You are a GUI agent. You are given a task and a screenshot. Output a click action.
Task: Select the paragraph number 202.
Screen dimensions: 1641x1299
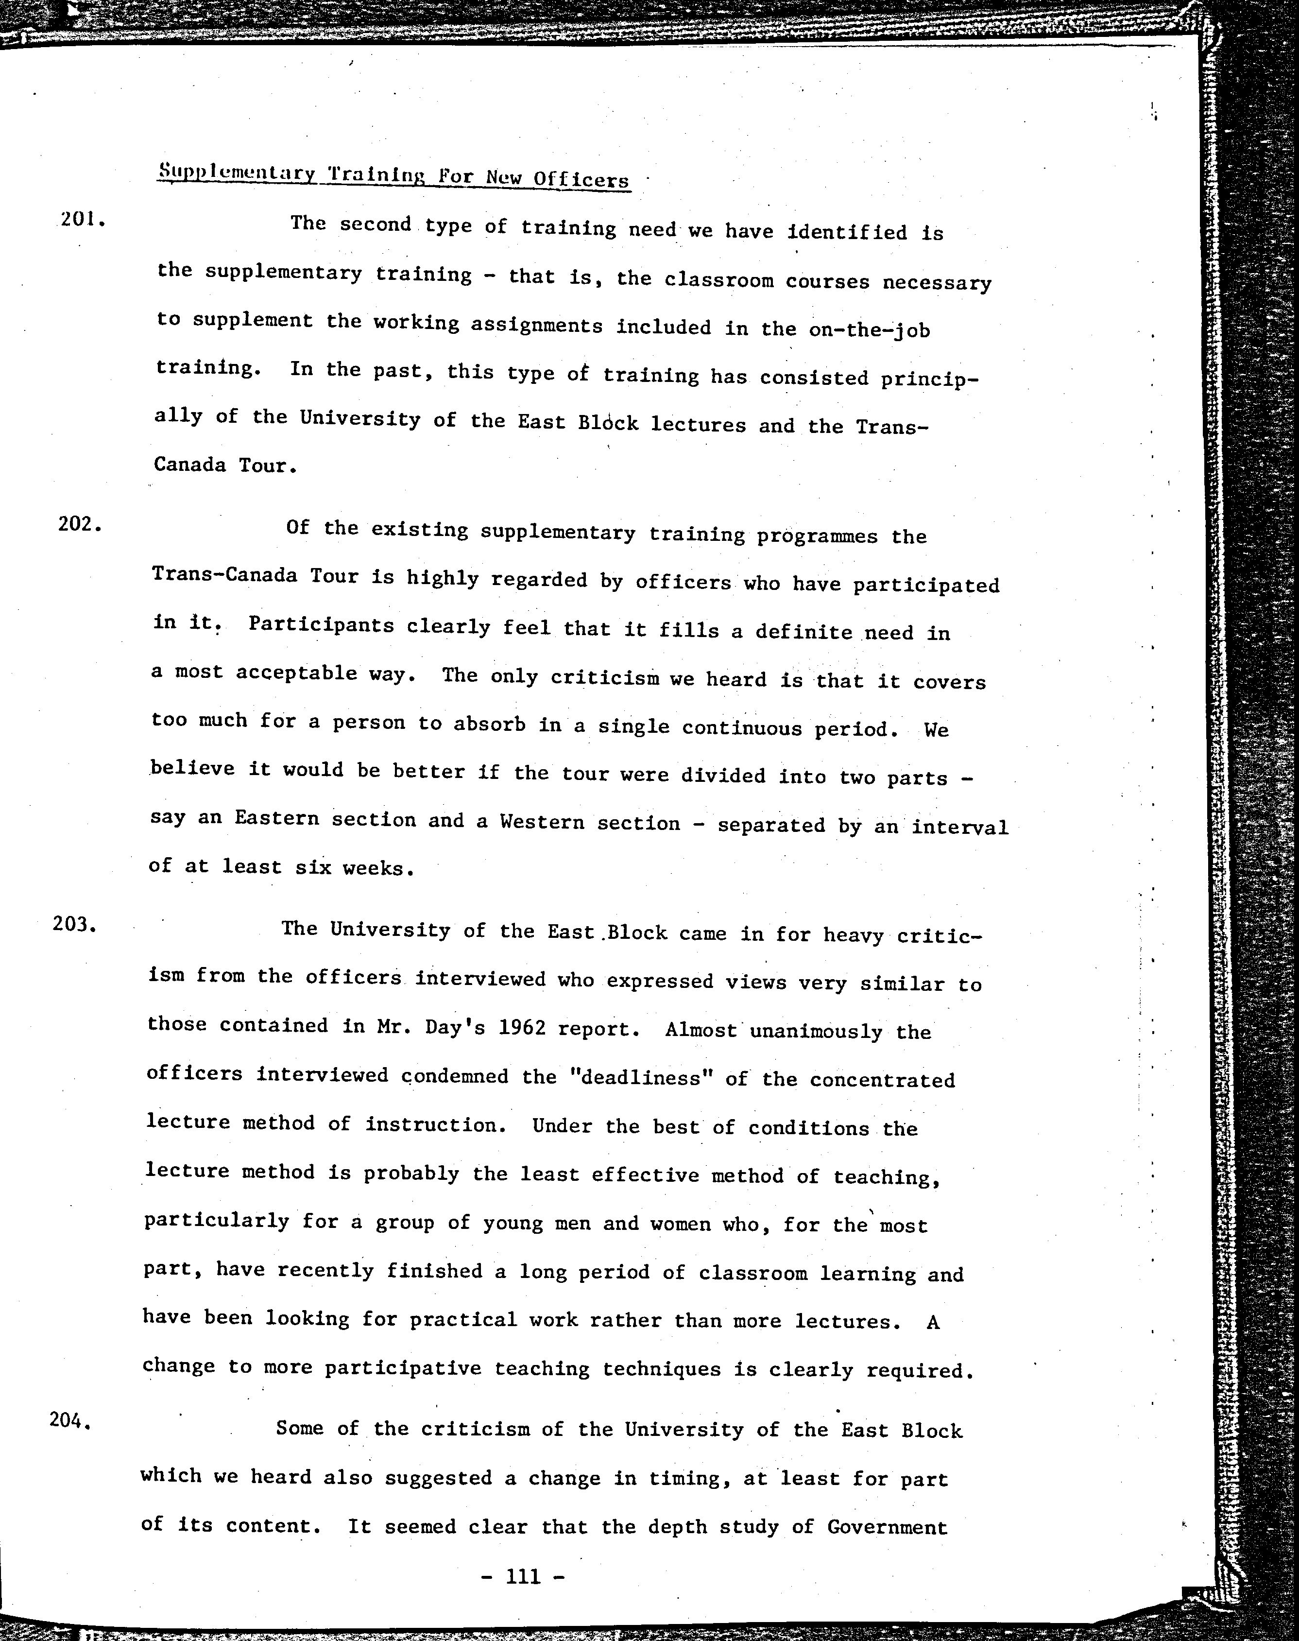79,524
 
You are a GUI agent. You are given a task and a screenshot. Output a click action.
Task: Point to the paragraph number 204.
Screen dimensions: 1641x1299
70,1419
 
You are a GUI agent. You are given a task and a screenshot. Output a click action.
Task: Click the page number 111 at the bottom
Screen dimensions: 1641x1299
523,1577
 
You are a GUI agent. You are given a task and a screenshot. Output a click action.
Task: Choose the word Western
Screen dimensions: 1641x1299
542,822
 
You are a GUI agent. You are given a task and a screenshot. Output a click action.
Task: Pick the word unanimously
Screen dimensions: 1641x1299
816,1032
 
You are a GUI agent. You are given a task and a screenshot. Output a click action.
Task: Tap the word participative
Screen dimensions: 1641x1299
403,1368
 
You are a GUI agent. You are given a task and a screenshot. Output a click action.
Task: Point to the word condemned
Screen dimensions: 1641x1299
455,1076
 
